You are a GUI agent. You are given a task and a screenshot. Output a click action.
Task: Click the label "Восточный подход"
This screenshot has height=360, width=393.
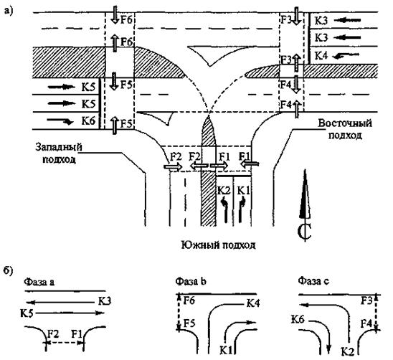coord(345,129)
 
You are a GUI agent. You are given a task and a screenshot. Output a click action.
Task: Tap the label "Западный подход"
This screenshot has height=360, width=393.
coord(59,153)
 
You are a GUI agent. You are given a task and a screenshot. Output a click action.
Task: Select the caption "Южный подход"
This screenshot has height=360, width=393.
coord(218,245)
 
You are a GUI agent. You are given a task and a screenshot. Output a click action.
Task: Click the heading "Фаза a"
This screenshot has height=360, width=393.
coord(39,282)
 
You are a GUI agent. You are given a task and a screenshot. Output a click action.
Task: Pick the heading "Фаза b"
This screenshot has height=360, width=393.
coord(191,281)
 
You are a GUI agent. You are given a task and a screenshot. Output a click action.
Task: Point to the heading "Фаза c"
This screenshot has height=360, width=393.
coord(313,281)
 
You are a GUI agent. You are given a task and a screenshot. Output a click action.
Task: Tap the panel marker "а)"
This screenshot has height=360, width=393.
coord(8,11)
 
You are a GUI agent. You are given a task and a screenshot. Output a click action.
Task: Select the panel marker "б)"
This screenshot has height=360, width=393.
coord(9,270)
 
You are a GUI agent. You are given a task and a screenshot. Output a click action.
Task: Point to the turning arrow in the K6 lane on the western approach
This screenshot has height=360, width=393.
coord(60,121)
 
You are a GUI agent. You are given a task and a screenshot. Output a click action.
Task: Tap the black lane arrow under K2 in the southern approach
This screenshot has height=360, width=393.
coord(225,210)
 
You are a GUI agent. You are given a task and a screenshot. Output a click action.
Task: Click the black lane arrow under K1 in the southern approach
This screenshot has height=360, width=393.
coord(242,210)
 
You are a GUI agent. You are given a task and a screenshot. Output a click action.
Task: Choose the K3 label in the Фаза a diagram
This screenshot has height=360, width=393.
coord(104,300)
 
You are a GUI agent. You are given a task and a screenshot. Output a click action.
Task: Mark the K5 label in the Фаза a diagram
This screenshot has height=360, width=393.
coord(27,313)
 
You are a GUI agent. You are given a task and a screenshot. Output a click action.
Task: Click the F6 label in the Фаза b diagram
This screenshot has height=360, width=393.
coord(189,300)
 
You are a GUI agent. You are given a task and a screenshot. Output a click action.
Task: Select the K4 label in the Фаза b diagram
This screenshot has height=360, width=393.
coord(253,303)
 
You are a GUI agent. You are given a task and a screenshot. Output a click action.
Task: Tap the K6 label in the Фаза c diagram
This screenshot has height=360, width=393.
coord(298,319)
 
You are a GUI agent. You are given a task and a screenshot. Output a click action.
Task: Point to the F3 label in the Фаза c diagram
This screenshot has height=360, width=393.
coord(366,300)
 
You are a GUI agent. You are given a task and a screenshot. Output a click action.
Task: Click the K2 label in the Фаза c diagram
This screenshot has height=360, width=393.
coord(348,351)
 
